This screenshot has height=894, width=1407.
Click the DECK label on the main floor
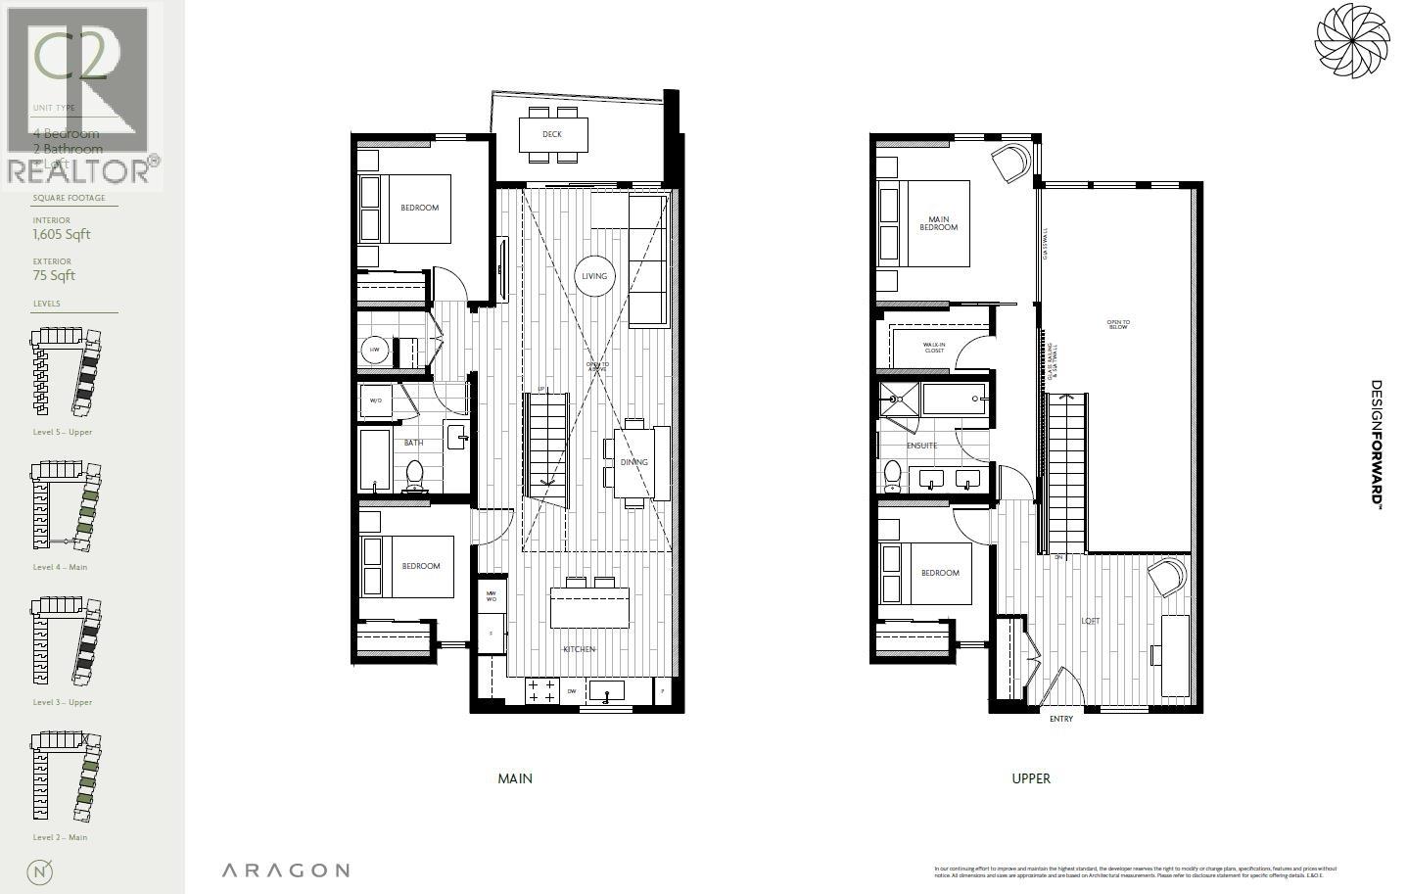pos(552,134)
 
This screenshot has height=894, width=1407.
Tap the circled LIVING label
pos(594,276)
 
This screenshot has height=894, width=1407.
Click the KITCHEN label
pos(579,649)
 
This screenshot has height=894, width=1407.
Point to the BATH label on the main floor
pos(414,443)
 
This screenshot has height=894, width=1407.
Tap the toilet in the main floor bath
pos(413,475)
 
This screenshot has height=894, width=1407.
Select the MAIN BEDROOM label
pos(938,223)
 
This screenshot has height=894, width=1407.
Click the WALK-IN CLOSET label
pos(934,348)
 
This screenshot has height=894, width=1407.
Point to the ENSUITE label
pos(921,446)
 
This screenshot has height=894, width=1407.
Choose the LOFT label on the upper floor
pos(1090,621)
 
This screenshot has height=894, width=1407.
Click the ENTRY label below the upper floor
pos(1061,719)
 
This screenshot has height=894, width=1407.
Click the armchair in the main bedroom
pos(1012,162)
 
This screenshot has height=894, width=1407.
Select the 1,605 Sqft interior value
pos(62,234)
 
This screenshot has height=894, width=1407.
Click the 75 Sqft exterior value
pos(54,275)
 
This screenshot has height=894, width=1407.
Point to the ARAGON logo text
pos(285,870)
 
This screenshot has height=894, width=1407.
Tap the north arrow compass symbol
pos(42,871)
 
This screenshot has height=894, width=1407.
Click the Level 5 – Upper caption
pos(63,432)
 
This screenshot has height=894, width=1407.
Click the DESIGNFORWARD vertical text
pos(1376,443)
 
